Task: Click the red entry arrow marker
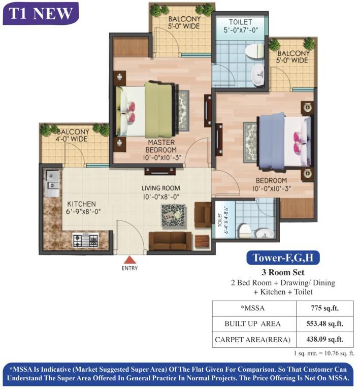click(130, 260)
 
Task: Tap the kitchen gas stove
click(85, 240)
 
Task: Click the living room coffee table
click(174, 215)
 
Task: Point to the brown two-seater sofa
click(170, 241)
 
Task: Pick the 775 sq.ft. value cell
click(324, 308)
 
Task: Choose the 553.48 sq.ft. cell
click(324, 324)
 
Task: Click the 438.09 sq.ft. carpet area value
click(324, 340)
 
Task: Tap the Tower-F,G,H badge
click(283, 257)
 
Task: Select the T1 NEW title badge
click(41, 13)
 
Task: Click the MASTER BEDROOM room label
click(161, 146)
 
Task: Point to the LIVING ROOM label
click(161, 188)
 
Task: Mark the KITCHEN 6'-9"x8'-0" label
click(83, 208)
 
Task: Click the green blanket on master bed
click(158, 109)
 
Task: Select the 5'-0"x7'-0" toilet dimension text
click(241, 30)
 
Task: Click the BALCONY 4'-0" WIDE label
click(73, 135)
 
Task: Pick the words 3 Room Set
click(283, 272)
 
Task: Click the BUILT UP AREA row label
click(252, 324)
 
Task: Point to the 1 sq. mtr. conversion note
click(324, 353)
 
